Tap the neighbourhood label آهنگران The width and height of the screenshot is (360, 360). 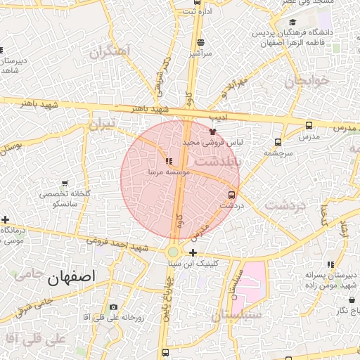(x=111, y=52)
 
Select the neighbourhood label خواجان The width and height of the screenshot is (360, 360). (x=307, y=80)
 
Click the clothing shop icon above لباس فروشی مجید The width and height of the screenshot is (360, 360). (x=212, y=131)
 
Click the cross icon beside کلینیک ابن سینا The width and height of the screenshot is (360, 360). (x=193, y=253)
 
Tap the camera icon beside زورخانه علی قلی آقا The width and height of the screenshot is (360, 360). (x=114, y=307)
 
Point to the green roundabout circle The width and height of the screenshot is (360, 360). (x=173, y=252)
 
